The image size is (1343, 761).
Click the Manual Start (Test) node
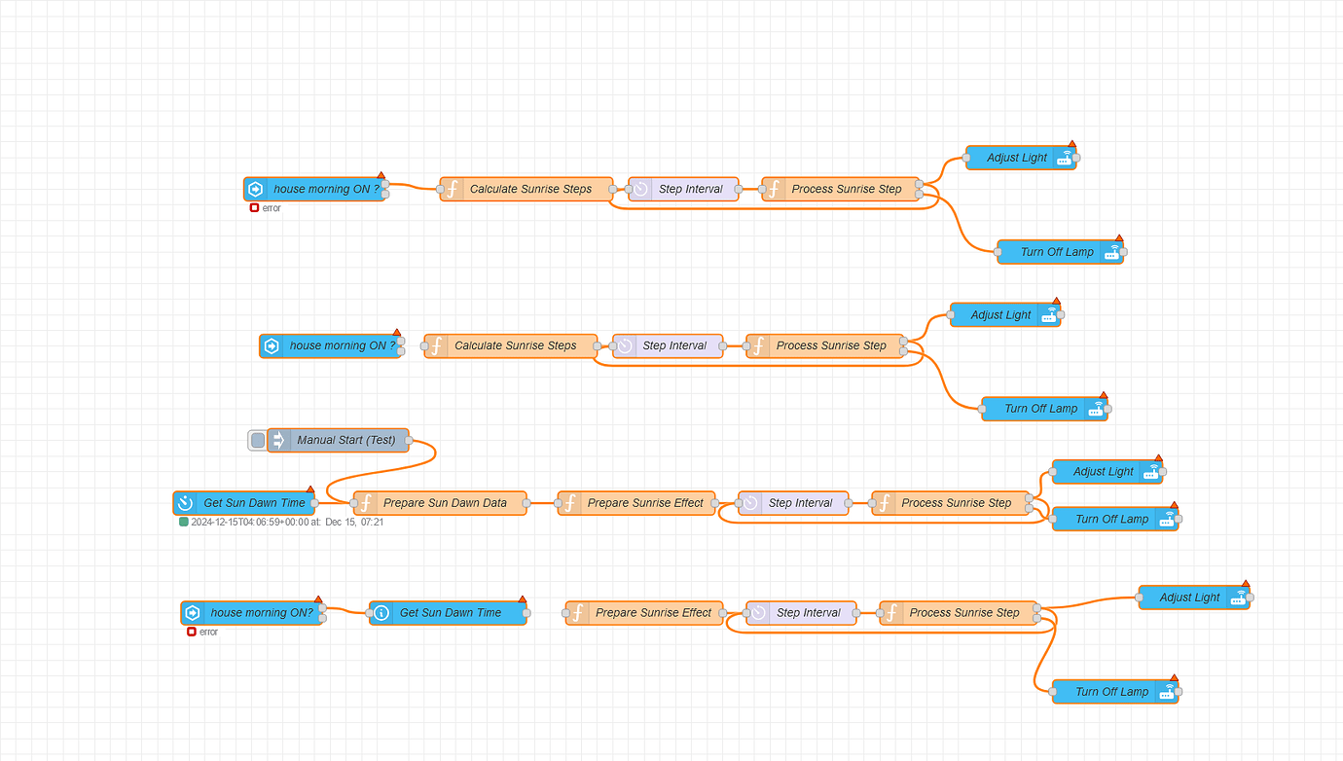point(345,440)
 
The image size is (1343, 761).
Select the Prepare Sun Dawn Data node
point(445,503)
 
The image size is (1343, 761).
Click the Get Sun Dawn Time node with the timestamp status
point(253,503)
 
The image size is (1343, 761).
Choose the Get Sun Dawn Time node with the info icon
point(450,613)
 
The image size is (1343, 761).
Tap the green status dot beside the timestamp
point(184,522)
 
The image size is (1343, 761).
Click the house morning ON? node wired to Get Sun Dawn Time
point(261,613)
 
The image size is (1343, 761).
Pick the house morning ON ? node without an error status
point(342,345)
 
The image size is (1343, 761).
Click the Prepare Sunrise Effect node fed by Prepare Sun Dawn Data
point(644,503)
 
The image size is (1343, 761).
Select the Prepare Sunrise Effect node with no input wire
point(653,613)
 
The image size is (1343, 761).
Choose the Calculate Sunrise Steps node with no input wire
point(515,345)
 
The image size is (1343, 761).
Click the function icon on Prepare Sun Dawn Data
point(367,503)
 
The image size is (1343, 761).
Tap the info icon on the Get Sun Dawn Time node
point(381,613)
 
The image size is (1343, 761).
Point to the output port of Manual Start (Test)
point(409,440)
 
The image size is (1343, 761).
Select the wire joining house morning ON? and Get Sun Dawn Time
point(345,611)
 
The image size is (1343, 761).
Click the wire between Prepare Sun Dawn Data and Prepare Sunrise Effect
point(542,503)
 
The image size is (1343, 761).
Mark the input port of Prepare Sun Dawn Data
point(354,503)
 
